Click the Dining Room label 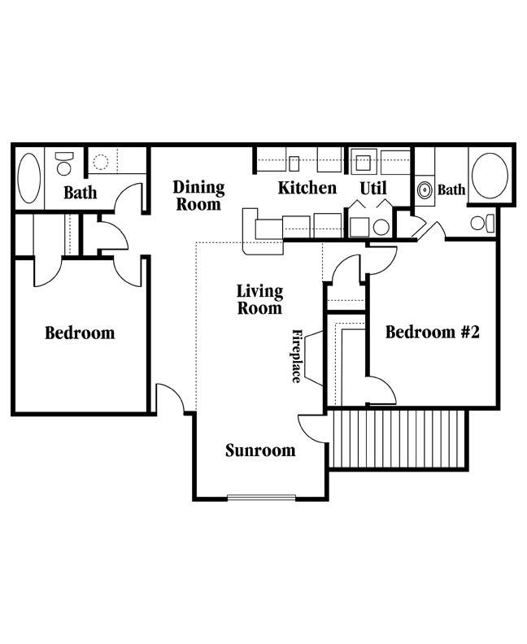[x=198, y=195]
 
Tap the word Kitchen [x=307, y=188]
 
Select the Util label [x=373, y=188]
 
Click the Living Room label [x=259, y=299]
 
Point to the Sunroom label [x=260, y=450]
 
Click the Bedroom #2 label [x=433, y=332]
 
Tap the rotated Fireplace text [x=297, y=355]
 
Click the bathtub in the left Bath [x=29, y=178]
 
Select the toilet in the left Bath [x=63, y=163]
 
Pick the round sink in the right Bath [x=425, y=190]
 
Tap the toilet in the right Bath [x=483, y=223]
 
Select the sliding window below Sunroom [x=261, y=498]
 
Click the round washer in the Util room [x=381, y=227]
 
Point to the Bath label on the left [x=81, y=192]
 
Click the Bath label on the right [x=451, y=189]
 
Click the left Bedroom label [x=80, y=333]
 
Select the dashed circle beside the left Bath [x=100, y=162]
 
